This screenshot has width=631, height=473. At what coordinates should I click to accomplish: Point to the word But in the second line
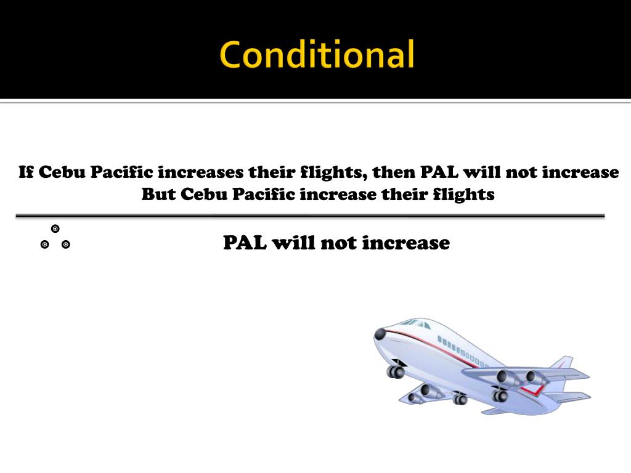[158, 195]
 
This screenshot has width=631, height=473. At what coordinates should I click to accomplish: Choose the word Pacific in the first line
[122, 172]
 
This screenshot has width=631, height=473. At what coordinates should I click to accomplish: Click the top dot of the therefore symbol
[55, 229]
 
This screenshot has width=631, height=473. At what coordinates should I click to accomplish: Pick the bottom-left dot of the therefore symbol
[44, 245]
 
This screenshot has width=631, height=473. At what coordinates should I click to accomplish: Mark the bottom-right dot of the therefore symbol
[66, 245]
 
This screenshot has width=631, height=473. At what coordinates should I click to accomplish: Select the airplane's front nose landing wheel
[396, 371]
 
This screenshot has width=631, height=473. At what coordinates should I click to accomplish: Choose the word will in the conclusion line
[292, 243]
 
